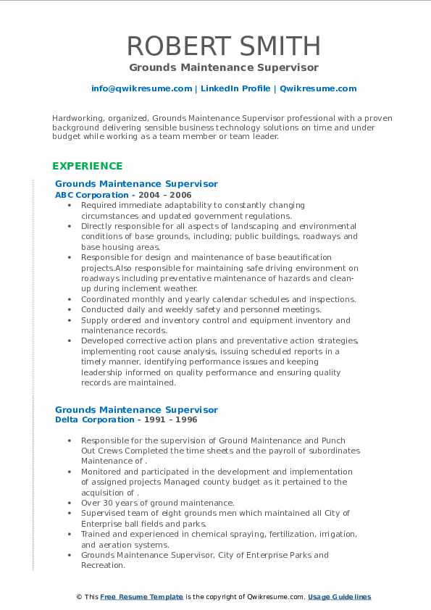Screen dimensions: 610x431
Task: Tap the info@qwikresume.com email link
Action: coord(141,88)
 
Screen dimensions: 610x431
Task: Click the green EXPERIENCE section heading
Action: coord(88,166)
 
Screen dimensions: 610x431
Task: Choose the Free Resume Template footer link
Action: coord(141,597)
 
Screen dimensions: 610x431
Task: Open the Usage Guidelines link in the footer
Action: coord(339,597)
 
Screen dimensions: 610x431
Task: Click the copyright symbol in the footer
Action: coord(79,597)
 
